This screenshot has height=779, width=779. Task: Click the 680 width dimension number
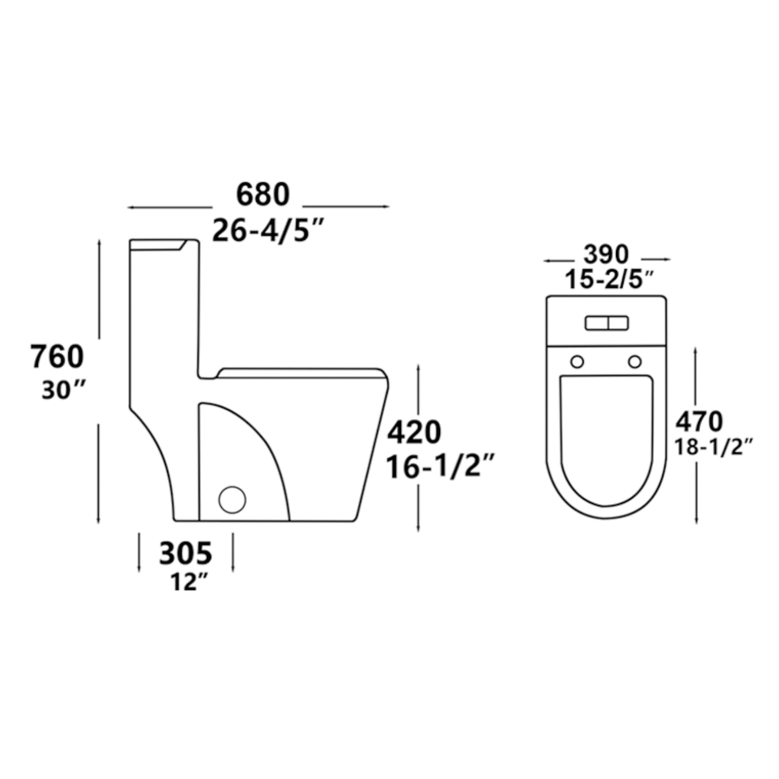click(263, 195)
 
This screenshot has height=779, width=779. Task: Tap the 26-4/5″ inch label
click(267, 231)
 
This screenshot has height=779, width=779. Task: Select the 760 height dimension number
click(57, 356)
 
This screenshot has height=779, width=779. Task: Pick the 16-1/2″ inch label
click(439, 467)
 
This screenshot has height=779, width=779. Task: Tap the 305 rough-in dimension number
click(186, 553)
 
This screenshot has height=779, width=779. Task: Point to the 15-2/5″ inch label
click(609, 280)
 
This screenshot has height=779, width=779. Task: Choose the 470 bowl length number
click(699, 422)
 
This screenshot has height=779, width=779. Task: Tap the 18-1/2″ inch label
click(714, 447)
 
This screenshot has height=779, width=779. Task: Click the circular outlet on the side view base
click(232, 500)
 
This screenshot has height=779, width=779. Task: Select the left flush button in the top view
click(596, 323)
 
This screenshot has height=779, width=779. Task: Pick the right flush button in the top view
click(618, 323)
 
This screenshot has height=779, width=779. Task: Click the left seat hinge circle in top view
click(577, 361)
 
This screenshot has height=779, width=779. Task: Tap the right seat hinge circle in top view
click(635, 361)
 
